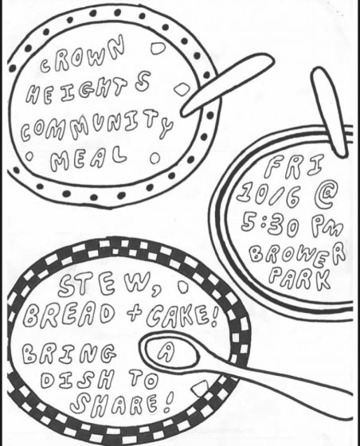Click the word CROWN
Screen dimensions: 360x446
[83, 55]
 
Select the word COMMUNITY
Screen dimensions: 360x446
[96, 126]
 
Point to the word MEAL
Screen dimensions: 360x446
[88, 158]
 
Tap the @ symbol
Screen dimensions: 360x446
[324, 196]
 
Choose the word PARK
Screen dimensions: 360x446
[299, 278]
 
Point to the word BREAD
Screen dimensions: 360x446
[70, 315]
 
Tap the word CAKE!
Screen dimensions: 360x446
[182, 315]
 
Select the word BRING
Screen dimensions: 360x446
[69, 354]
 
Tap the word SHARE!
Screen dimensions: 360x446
[122, 404]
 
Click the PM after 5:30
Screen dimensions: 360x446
[327, 226]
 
